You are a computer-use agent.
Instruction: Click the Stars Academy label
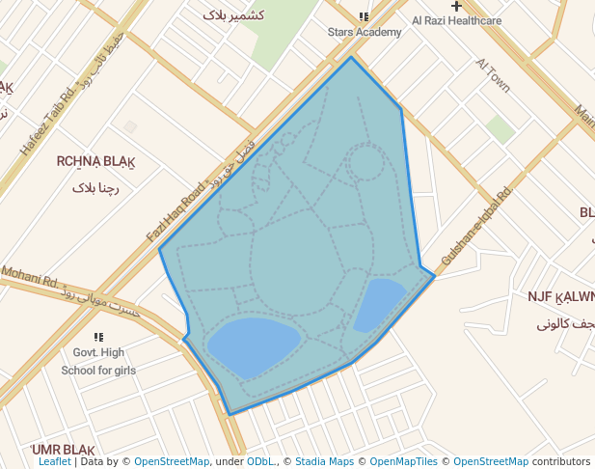point(365,32)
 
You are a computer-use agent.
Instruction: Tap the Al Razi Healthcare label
point(456,20)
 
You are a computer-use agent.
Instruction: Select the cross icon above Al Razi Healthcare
point(456,6)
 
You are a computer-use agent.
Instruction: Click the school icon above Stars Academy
point(364,17)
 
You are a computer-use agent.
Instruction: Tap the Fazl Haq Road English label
point(176,212)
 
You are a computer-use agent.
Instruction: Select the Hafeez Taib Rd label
point(46,124)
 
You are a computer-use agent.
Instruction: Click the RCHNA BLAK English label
point(95,161)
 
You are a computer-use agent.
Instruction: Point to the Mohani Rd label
point(29,278)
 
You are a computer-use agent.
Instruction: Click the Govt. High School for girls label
point(98,361)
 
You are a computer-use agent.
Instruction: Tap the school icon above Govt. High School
point(98,337)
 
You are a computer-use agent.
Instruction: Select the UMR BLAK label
point(63,451)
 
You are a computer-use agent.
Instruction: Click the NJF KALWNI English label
point(560,297)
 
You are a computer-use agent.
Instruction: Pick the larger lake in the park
point(253,345)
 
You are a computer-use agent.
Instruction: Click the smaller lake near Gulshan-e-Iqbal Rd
point(381,303)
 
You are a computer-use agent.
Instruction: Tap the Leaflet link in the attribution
point(54,461)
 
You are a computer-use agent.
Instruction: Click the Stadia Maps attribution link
point(324,461)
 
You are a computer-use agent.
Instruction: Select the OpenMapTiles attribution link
point(403,461)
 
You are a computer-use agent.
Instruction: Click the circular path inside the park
point(366,162)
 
